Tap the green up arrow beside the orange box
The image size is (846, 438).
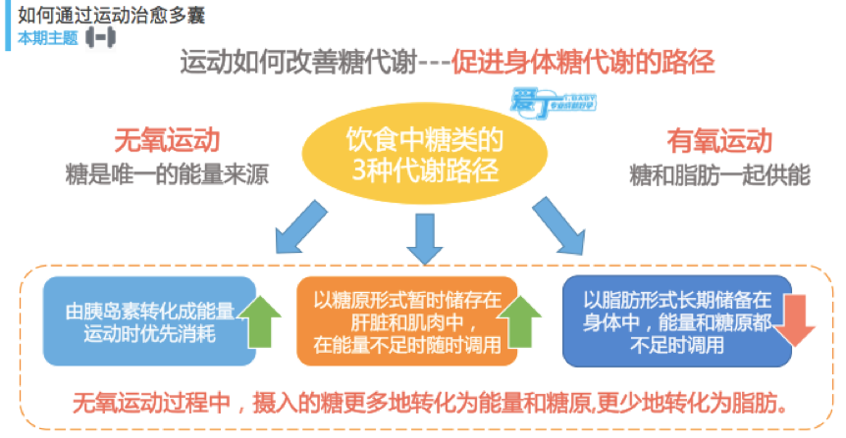(x=522, y=323)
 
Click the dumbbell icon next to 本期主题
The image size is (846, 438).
(x=101, y=38)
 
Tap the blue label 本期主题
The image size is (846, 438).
(x=46, y=38)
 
